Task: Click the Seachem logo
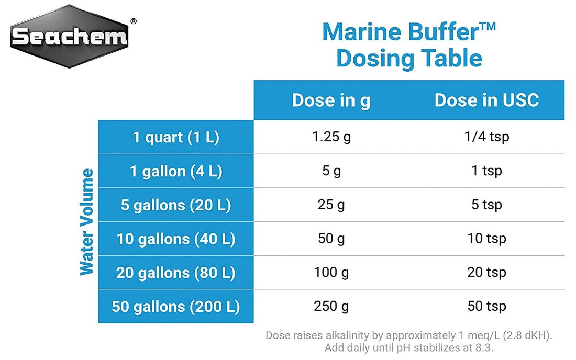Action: tap(69, 37)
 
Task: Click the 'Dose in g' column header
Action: tap(331, 100)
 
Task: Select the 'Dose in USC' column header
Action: tap(486, 100)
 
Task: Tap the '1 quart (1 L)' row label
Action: tap(175, 138)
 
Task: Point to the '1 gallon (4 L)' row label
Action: tap(175, 172)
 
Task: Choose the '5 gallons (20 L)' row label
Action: tap(175, 205)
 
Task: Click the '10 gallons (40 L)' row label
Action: tap(175, 239)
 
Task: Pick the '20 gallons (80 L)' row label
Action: tap(175, 273)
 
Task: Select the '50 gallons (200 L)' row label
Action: tap(175, 307)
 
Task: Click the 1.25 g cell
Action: tap(331, 137)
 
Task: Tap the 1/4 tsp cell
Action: tap(486, 137)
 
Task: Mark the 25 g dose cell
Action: tap(331, 205)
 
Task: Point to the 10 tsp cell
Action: tap(486, 239)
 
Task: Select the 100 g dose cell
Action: tap(331, 273)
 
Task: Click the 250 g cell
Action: tap(331, 306)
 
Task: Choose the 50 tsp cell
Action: tap(486, 306)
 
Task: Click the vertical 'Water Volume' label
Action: tap(87, 221)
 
